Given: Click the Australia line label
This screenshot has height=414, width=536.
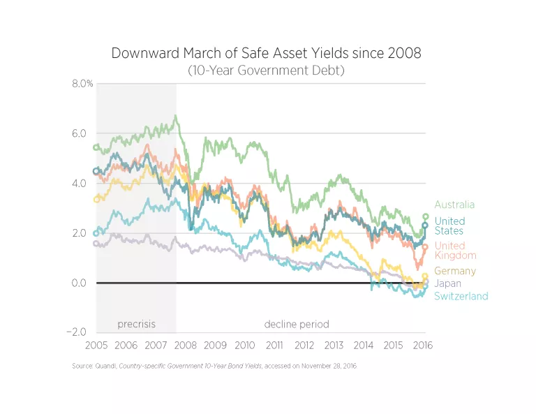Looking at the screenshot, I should pyautogui.click(x=454, y=205).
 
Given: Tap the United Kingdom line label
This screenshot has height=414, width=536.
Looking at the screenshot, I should pyautogui.click(x=449, y=251).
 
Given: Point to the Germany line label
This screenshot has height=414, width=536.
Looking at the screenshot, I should pyautogui.click(x=454, y=271).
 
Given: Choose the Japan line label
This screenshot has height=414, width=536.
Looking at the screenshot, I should pyautogui.click(x=447, y=283).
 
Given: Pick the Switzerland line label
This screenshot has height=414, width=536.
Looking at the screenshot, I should pyautogui.click(x=461, y=296).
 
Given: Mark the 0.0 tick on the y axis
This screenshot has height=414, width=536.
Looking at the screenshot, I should pyautogui.click(x=81, y=283).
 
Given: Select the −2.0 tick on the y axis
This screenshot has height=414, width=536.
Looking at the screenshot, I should pyautogui.click(x=79, y=332).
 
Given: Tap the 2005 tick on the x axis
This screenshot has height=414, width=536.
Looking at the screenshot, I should pyautogui.click(x=96, y=346).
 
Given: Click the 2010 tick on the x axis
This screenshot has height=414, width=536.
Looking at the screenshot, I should pyautogui.click(x=245, y=346).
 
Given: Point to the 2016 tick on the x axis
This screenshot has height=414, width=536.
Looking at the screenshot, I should pyautogui.click(x=423, y=346).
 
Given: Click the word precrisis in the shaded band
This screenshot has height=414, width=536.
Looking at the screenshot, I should pyautogui.click(x=136, y=324).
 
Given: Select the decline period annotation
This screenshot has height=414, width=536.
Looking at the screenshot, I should pyautogui.click(x=296, y=324).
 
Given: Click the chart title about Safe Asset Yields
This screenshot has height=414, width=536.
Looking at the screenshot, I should pyautogui.click(x=266, y=54).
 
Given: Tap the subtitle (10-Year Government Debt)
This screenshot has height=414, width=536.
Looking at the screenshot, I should pyautogui.click(x=266, y=71).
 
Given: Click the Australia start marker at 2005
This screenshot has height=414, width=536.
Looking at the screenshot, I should pyautogui.click(x=96, y=147).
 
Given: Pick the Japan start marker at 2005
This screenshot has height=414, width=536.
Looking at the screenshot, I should pyautogui.click(x=96, y=244).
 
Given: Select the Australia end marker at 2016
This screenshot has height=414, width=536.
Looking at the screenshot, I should pyautogui.click(x=425, y=217).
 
